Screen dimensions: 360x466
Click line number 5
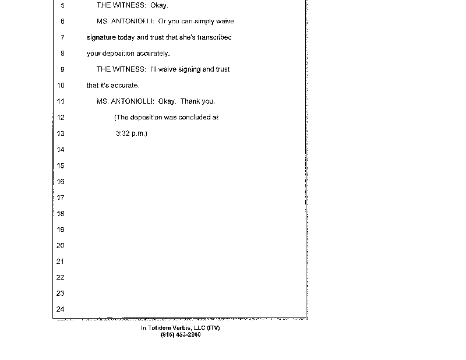coord(62,5)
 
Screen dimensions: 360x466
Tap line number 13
coord(60,133)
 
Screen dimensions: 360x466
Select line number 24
coord(60,309)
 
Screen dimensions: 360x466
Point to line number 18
coord(60,214)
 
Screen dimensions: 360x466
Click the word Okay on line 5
coord(159,5)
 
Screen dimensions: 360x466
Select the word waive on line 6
coord(224,22)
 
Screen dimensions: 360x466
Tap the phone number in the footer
coord(180,334)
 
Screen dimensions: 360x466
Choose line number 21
coord(60,262)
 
